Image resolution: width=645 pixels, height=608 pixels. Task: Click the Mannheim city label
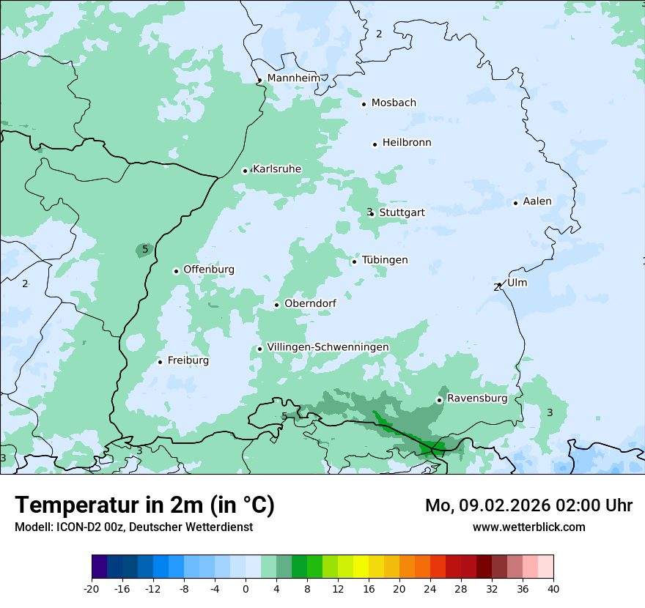click(x=293, y=78)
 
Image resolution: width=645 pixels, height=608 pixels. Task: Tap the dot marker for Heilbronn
click(x=375, y=144)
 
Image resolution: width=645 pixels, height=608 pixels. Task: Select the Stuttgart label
click(x=402, y=212)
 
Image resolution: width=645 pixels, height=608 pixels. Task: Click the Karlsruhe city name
click(x=277, y=169)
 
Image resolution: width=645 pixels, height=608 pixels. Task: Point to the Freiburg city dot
click(x=160, y=362)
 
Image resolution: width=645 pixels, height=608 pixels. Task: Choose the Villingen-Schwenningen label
click(x=328, y=347)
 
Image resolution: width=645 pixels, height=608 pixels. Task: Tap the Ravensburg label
click(x=477, y=398)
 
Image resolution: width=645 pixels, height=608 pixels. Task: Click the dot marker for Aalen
click(x=515, y=203)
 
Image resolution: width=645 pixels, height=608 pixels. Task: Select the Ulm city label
click(x=517, y=283)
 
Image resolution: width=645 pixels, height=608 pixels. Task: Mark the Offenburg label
click(x=209, y=270)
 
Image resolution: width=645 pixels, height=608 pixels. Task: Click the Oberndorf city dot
click(x=276, y=305)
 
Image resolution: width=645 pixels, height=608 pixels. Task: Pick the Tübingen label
click(x=385, y=260)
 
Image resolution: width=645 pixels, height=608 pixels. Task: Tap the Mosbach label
click(x=394, y=103)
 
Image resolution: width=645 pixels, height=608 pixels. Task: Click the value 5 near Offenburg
click(x=145, y=250)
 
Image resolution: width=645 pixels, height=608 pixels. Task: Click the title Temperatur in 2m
click(x=145, y=505)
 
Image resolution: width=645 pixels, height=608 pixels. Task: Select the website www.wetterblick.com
click(x=529, y=527)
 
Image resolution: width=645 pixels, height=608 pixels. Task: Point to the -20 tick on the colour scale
click(x=92, y=588)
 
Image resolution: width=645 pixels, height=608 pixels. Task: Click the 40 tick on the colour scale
click(x=553, y=588)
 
